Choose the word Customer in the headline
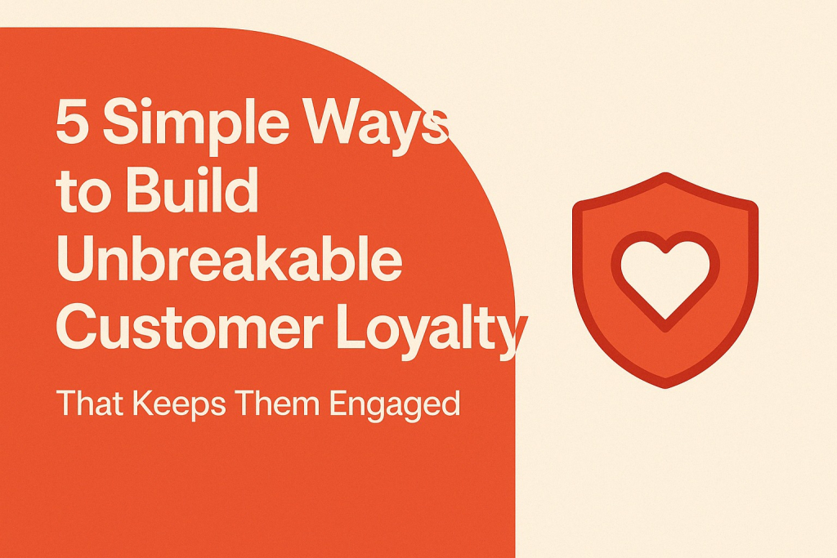coord(190,326)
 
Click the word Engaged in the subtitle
coord(395,405)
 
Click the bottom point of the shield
coord(665,387)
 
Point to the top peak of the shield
coord(665,174)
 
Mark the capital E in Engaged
coord(338,403)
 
